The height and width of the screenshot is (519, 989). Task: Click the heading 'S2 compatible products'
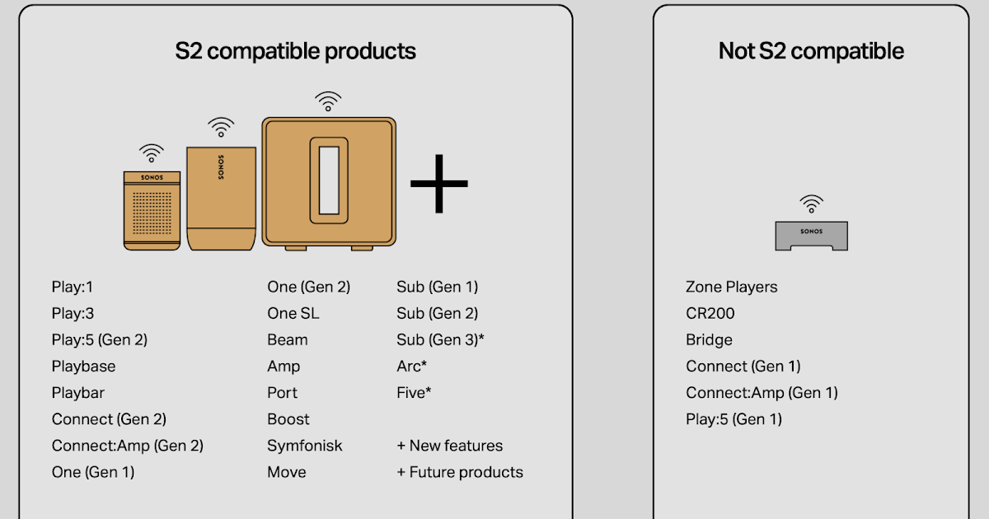pyautogui.click(x=295, y=51)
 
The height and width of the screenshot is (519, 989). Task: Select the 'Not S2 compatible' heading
pyautogui.click(x=811, y=51)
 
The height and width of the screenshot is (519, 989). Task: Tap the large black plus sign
pyautogui.click(x=438, y=183)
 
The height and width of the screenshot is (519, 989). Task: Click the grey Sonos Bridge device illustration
pyautogui.click(x=811, y=236)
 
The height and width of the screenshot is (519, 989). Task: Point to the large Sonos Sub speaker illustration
pyautogui.click(x=328, y=183)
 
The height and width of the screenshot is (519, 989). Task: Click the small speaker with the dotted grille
pyautogui.click(x=151, y=209)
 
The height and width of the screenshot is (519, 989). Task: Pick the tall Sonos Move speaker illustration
pyautogui.click(x=221, y=198)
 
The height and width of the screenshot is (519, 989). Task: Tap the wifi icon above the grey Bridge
pyautogui.click(x=812, y=203)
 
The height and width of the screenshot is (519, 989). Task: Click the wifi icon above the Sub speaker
pyautogui.click(x=328, y=101)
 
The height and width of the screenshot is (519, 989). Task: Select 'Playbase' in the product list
pyautogui.click(x=83, y=366)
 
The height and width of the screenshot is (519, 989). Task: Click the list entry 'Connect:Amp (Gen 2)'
pyautogui.click(x=127, y=446)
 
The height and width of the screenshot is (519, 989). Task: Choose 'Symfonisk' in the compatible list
pyautogui.click(x=304, y=446)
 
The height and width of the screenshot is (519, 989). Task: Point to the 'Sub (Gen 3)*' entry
pyautogui.click(x=440, y=339)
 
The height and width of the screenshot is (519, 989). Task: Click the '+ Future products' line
pyautogui.click(x=460, y=472)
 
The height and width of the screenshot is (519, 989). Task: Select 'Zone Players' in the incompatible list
pyautogui.click(x=731, y=287)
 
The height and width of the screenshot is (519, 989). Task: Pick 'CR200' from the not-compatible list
pyautogui.click(x=710, y=313)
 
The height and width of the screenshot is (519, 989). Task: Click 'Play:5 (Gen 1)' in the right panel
pyautogui.click(x=734, y=419)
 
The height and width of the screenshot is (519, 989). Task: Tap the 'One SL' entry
pyautogui.click(x=293, y=313)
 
